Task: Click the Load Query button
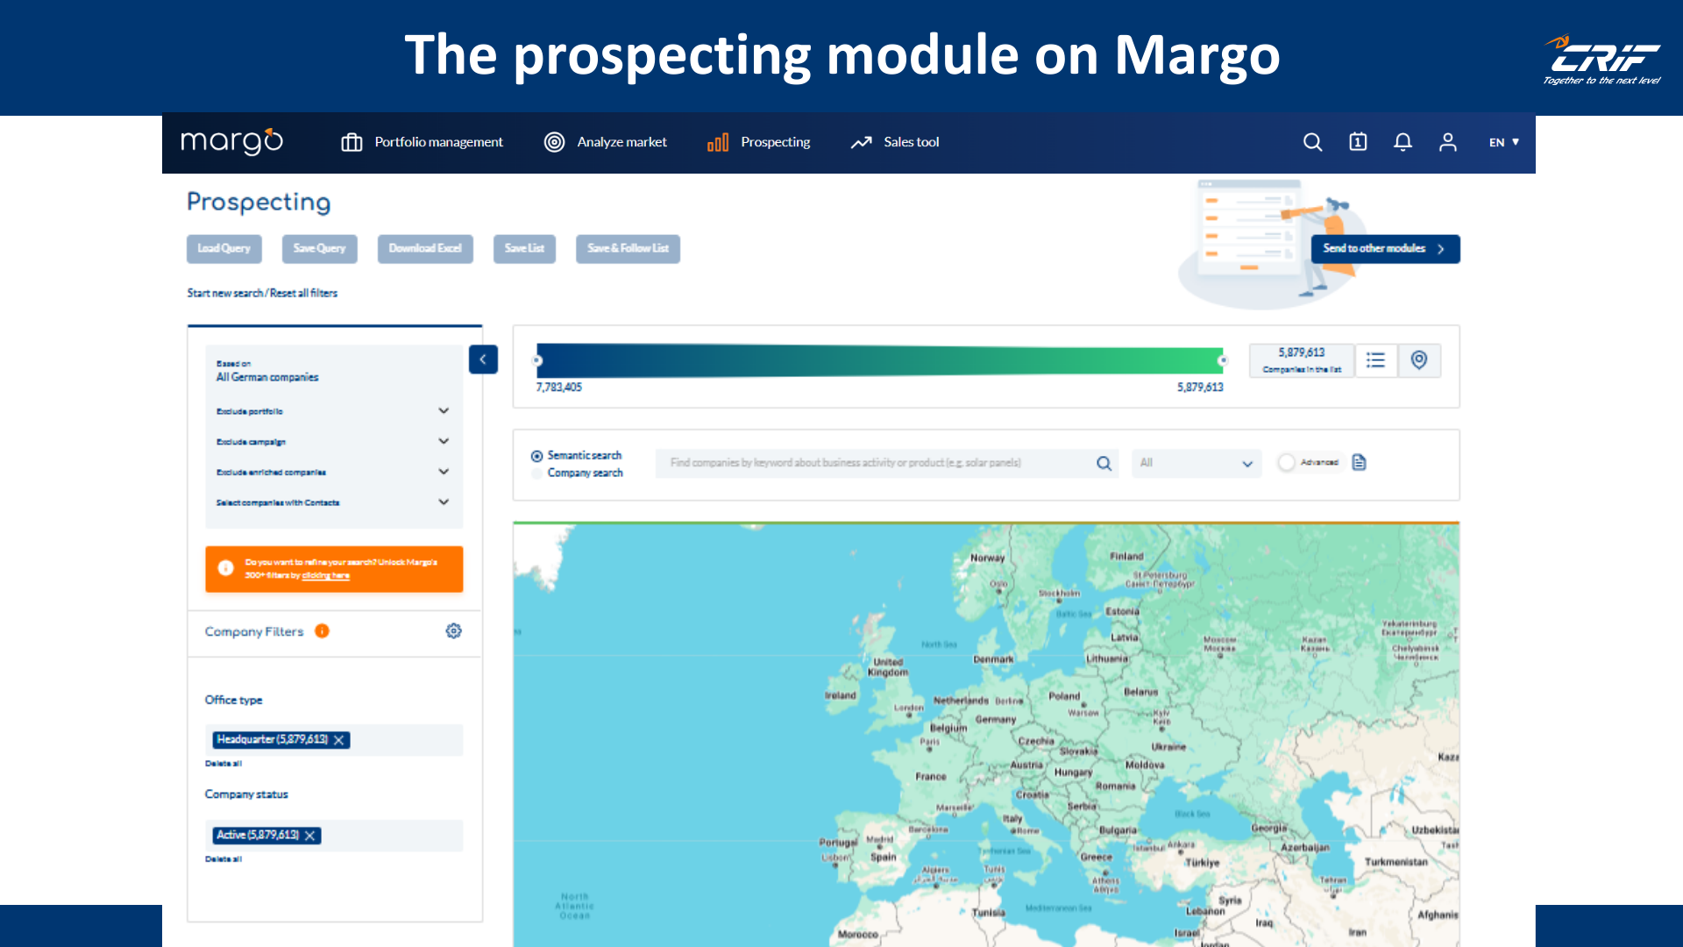(224, 249)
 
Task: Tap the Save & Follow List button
(628, 249)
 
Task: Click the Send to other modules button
(1384, 249)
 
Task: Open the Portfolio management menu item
(423, 142)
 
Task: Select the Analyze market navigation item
(606, 142)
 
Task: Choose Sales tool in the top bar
(895, 142)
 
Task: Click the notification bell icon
(1402, 142)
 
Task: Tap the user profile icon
(1447, 142)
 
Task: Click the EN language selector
(1503, 142)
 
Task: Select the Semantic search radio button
(536, 456)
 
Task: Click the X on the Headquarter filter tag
(339, 740)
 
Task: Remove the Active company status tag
(310, 836)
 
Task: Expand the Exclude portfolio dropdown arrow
(444, 411)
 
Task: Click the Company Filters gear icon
(453, 631)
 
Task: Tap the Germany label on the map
(996, 720)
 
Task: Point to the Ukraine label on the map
(1168, 747)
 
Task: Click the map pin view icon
(1419, 360)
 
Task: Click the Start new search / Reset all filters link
(262, 294)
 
